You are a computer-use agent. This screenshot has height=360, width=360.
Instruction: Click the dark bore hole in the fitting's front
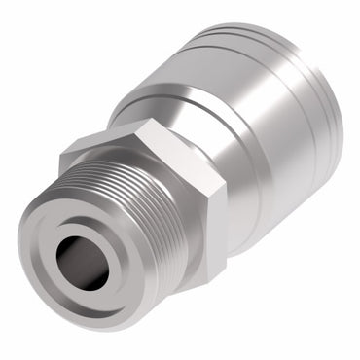[x=80, y=261]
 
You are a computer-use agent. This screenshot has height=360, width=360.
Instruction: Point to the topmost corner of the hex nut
[x=146, y=121]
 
